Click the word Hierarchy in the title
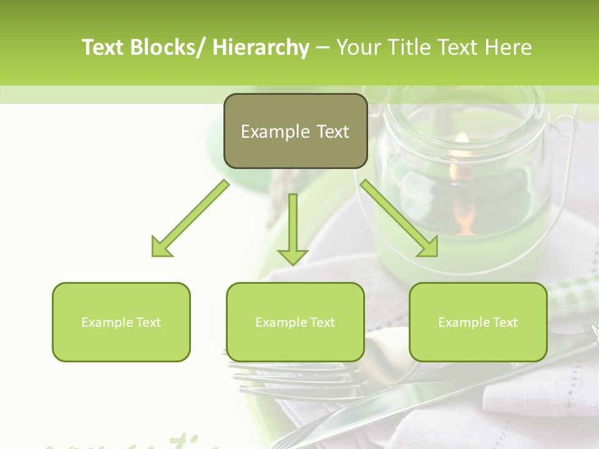(x=261, y=47)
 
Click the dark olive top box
(x=295, y=131)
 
